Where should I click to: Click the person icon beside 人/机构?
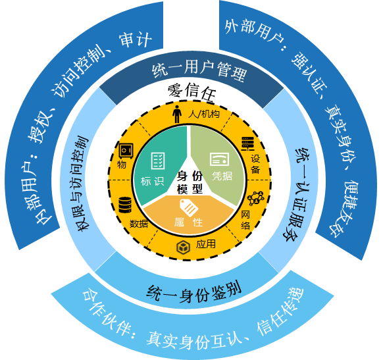pyautogui.click(x=177, y=114)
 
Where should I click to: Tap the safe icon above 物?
pyautogui.click(x=126, y=151)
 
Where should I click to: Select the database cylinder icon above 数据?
pyautogui.click(x=125, y=205)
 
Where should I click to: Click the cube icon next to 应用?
pyautogui.click(x=183, y=247)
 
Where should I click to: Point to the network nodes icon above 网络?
pyautogui.click(x=256, y=198)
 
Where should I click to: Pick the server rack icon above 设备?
pyautogui.click(x=248, y=143)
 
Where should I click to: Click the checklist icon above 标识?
pyautogui.click(x=158, y=161)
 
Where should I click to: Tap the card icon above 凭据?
pyautogui.click(x=219, y=159)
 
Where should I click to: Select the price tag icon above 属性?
pyautogui.click(x=189, y=207)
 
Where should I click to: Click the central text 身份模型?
pyautogui.click(x=190, y=182)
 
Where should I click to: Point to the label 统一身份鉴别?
pyautogui.click(x=193, y=292)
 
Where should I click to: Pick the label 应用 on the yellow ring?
pyautogui.click(x=206, y=244)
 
